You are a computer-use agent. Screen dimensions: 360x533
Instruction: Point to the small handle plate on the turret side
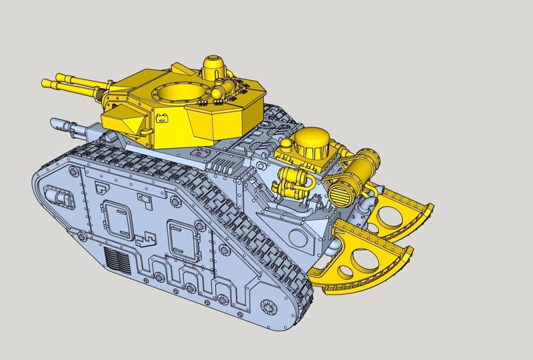162,121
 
